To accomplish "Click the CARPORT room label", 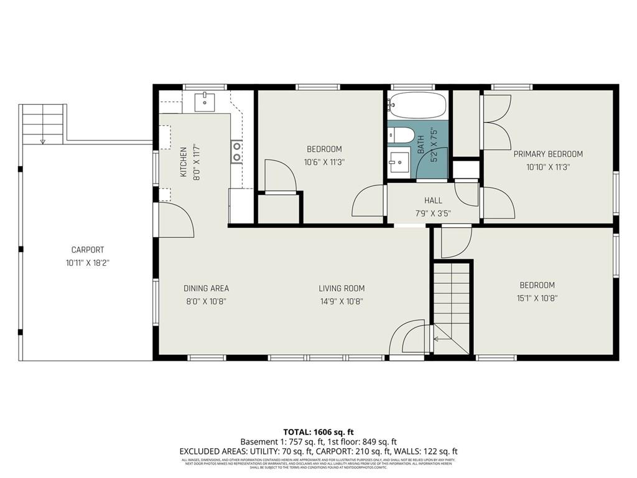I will (87, 250).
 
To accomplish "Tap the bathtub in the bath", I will (417, 105).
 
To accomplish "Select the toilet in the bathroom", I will (401, 136).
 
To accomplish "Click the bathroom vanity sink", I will (399, 164).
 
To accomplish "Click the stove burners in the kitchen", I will (237, 152).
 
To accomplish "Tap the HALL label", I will (433, 200).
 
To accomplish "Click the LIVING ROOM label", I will (342, 288).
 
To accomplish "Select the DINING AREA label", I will (206, 288).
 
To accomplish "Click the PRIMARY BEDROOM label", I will (548, 154).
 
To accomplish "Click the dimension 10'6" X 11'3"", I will (324, 162).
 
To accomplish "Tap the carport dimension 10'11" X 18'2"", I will (87, 263).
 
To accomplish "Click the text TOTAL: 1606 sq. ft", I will (318, 431).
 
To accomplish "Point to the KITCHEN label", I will (184, 162).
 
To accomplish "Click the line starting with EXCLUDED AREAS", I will (318, 451).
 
